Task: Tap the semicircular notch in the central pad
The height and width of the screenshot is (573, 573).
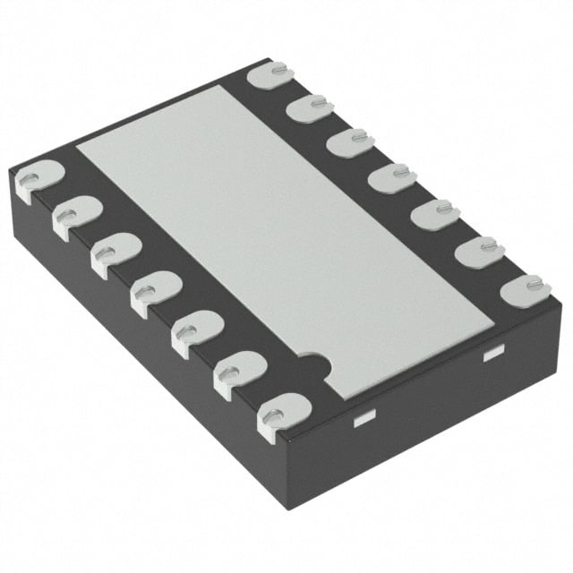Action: pyautogui.click(x=314, y=364)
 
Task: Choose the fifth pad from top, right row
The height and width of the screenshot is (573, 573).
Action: pyautogui.click(x=436, y=214)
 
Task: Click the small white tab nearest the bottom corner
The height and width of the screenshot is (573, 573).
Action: pyautogui.click(x=363, y=418)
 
